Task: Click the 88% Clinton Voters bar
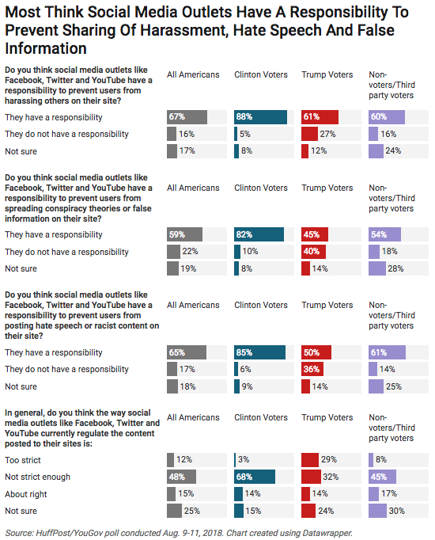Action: [x=260, y=117]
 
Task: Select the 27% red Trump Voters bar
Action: [x=309, y=134]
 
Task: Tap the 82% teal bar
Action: [x=259, y=234]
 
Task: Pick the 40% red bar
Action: [x=314, y=252]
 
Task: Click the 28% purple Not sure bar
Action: [x=377, y=268]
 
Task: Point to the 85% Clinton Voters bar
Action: [x=259, y=352]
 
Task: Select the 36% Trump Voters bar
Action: [x=312, y=369]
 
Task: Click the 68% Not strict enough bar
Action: [x=255, y=477]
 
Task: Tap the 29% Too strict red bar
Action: [x=310, y=460]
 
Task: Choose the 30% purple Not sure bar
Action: [x=377, y=511]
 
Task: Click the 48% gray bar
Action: [x=182, y=477]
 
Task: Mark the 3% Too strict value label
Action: [x=244, y=460]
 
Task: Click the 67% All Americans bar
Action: [x=187, y=117]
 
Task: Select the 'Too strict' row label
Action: [x=23, y=460]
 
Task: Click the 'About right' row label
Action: [x=26, y=494]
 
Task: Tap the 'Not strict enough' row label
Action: [x=37, y=477]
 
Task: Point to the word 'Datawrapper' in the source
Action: [x=327, y=533]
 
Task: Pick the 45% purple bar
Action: [x=382, y=477]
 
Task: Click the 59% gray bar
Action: [x=184, y=234]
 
